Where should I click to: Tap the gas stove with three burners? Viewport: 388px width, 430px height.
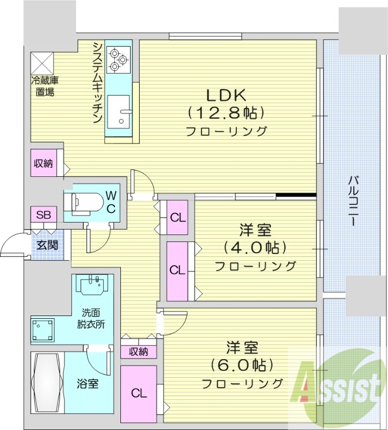click(x=118, y=60)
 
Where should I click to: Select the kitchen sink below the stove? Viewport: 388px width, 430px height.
click(x=118, y=110)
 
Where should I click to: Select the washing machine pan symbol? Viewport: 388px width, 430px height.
click(x=42, y=327)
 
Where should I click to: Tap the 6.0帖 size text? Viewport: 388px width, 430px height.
click(x=242, y=365)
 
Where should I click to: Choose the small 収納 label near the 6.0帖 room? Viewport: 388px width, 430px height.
click(x=139, y=352)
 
